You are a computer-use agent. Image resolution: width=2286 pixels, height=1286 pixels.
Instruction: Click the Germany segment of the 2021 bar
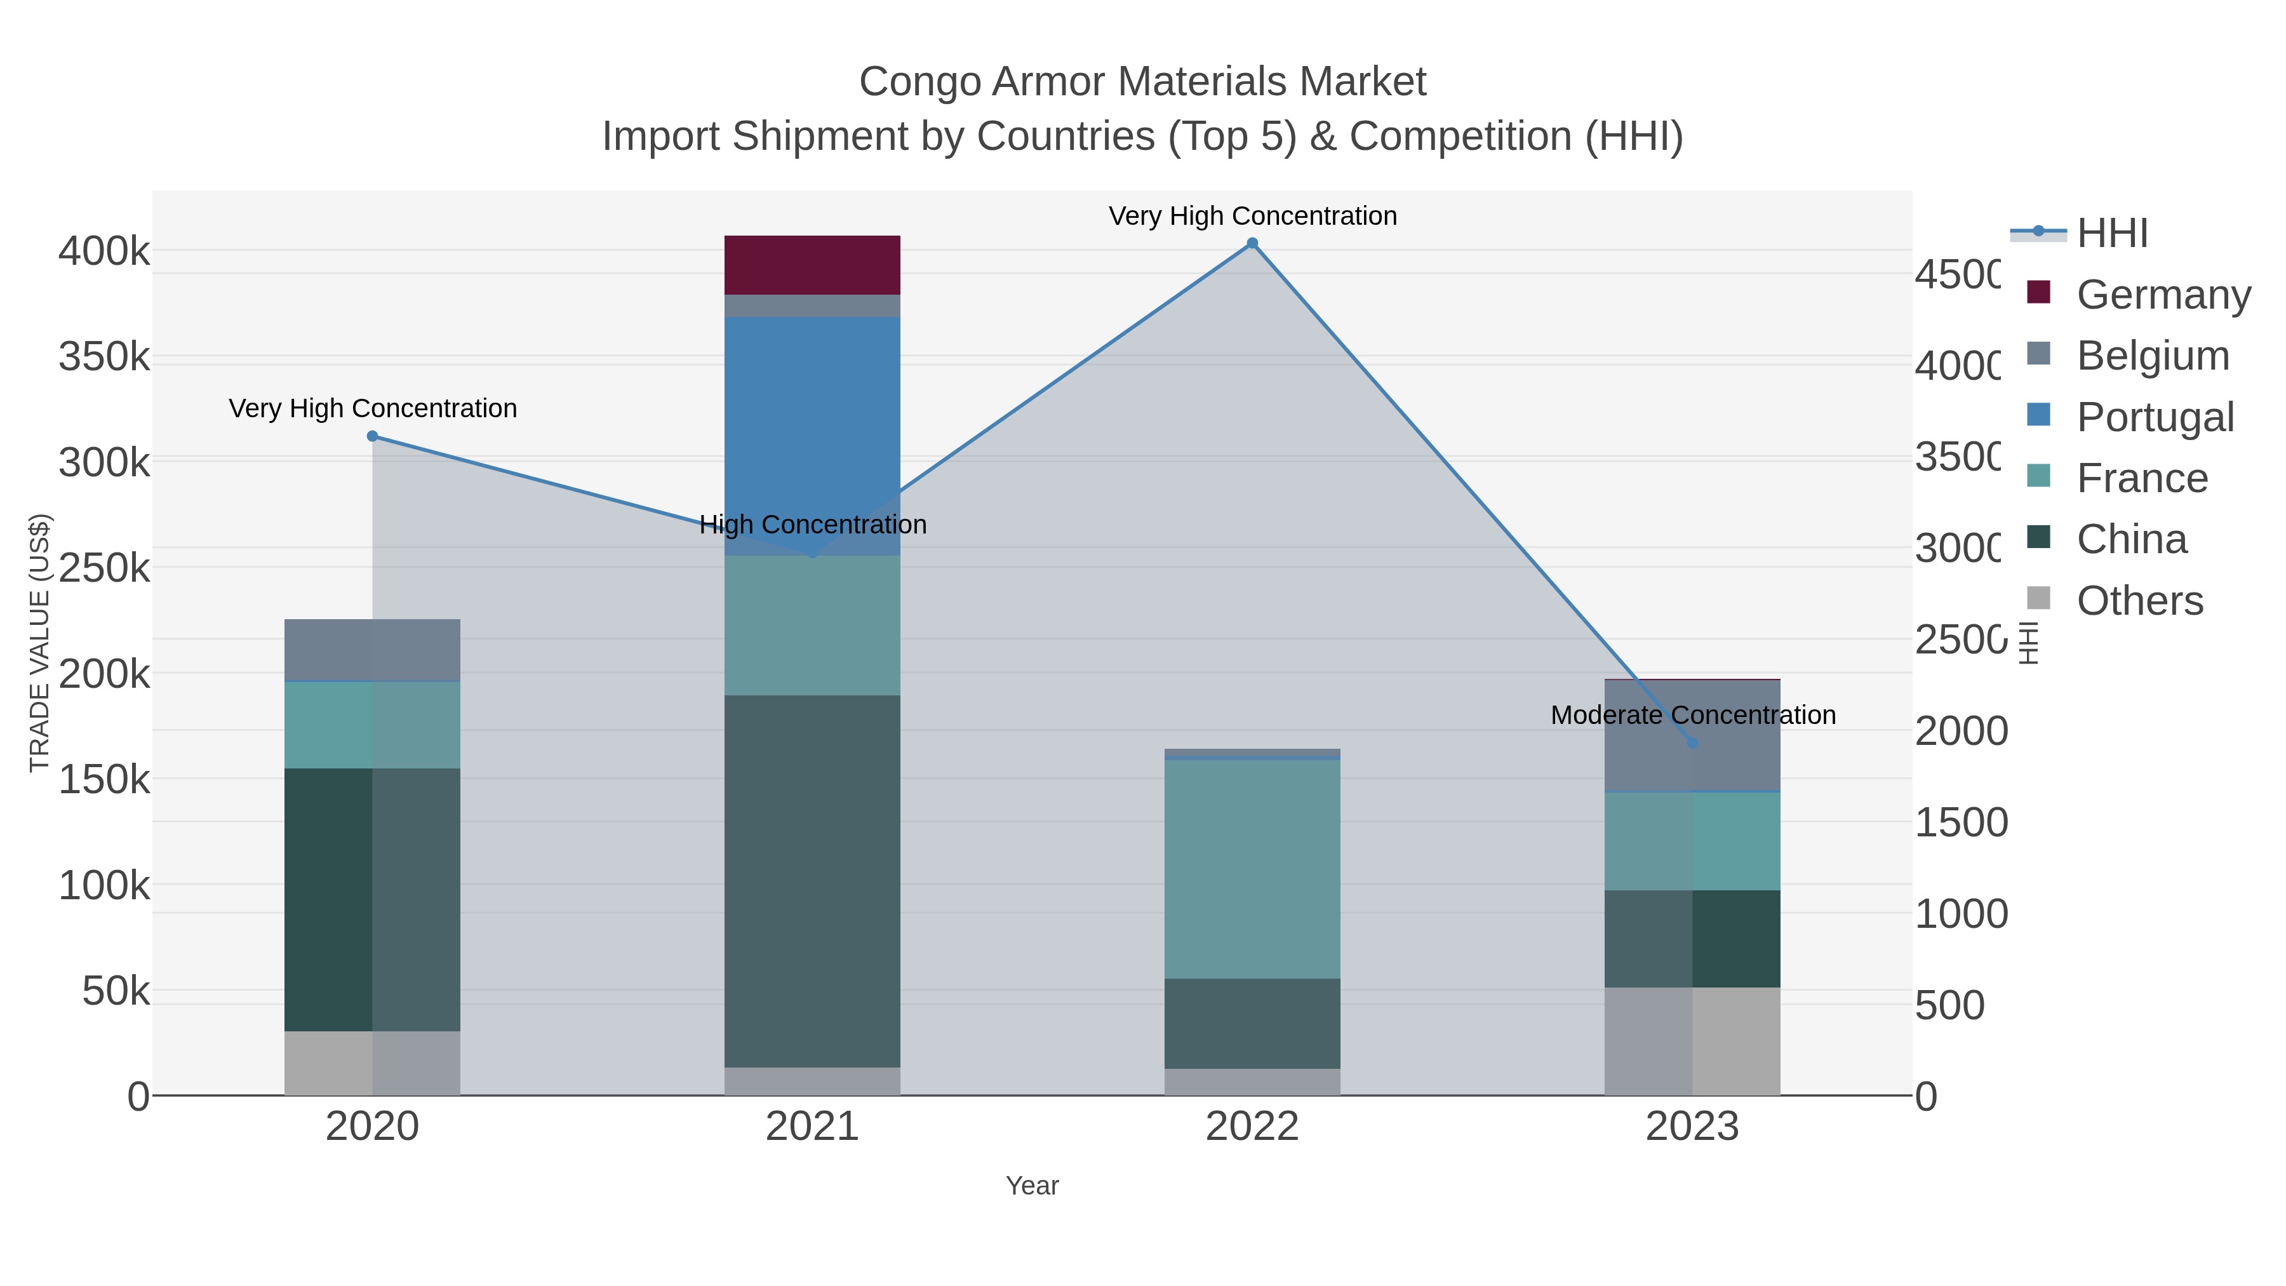[x=812, y=264]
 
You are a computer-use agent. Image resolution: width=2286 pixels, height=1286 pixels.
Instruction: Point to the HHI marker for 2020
[x=373, y=436]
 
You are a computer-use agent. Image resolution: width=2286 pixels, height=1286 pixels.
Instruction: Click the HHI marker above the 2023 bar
[x=1692, y=743]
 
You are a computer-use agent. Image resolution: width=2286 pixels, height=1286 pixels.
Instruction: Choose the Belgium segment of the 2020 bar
[x=373, y=650]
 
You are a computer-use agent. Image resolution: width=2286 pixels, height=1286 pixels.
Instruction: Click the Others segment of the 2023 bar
[x=1692, y=1041]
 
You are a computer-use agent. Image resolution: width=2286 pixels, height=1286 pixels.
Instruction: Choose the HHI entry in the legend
[x=2112, y=232]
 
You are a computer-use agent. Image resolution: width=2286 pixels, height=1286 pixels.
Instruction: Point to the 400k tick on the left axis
[x=104, y=251]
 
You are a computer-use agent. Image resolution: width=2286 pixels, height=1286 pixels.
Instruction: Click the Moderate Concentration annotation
[x=1692, y=714]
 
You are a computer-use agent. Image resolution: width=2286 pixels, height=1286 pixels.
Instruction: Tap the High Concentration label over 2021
[x=812, y=525]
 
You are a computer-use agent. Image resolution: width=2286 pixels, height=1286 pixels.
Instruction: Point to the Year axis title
[x=1032, y=1186]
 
